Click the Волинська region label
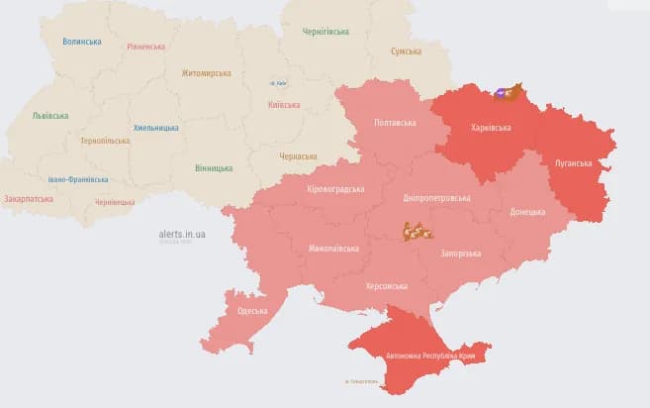81,42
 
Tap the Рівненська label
146,47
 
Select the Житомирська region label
206,72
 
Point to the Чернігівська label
325,31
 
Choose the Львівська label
49,116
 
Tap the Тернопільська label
105,141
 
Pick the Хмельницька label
155,128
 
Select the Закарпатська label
29,198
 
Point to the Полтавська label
395,123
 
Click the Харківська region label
492,128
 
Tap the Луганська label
573,163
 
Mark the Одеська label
252,311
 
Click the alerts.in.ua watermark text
181,234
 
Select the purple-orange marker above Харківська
508,92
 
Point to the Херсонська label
387,285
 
